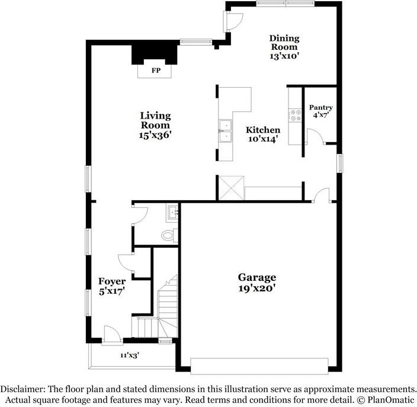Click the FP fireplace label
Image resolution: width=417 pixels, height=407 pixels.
(x=156, y=70)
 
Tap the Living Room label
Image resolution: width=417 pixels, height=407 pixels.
(x=155, y=120)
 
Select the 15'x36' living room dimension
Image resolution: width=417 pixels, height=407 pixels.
(x=155, y=135)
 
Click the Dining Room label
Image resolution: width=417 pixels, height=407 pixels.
(x=285, y=43)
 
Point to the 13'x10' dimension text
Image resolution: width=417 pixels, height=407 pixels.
(x=284, y=57)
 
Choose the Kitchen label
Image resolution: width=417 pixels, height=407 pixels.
(x=263, y=130)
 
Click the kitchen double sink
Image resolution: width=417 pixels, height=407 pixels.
(x=225, y=131)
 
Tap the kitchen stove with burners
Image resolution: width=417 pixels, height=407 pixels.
(x=294, y=115)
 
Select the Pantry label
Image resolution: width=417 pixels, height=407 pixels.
(x=321, y=108)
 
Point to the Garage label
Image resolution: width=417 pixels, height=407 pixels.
(x=257, y=277)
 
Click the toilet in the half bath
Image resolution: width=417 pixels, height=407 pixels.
(x=169, y=235)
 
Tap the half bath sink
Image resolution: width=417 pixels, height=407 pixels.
(x=173, y=211)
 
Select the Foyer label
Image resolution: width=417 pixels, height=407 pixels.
(x=111, y=281)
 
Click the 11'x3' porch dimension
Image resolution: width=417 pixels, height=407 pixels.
(x=130, y=355)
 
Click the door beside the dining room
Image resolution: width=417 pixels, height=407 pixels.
(x=232, y=22)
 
